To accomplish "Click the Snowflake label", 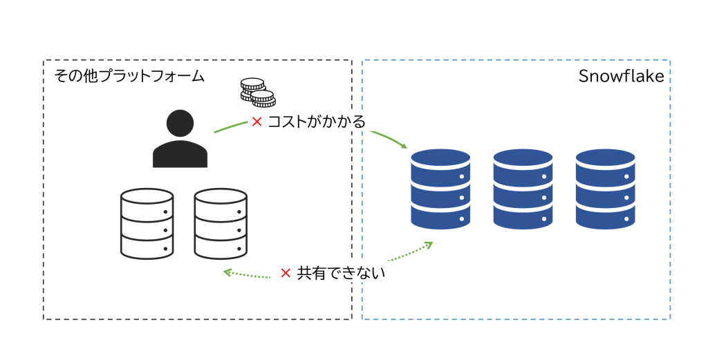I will click(621, 77).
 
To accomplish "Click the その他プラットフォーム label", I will click(129, 76).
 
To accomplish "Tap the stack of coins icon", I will click(257, 93).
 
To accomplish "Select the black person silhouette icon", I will click(180, 140).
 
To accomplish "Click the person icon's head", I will click(180, 123).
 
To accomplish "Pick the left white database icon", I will click(147, 223).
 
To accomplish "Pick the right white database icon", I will click(221, 223).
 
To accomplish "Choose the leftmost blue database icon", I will click(440, 189).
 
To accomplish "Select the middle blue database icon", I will click(523, 189).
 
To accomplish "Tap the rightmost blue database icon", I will click(606, 189).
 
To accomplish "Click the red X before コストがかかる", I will click(257, 122).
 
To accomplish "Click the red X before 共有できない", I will click(286, 274).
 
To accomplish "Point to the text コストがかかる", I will click(317, 122).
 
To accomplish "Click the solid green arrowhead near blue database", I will click(404, 146).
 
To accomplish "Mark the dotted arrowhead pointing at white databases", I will click(227, 272).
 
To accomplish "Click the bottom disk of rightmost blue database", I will click(606, 217).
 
